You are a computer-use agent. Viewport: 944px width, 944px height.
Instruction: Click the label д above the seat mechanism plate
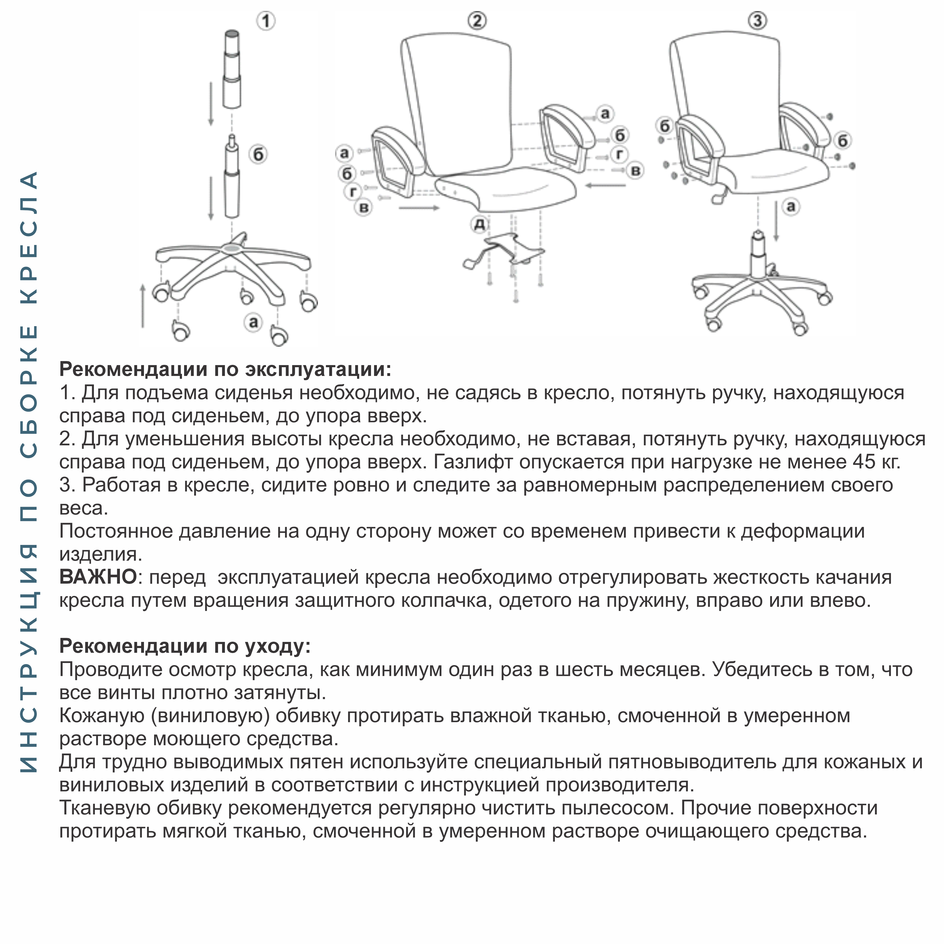(x=480, y=224)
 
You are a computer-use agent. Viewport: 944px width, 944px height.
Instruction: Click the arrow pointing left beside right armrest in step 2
(x=606, y=185)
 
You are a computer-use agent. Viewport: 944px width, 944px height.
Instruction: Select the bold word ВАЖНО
(x=98, y=577)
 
